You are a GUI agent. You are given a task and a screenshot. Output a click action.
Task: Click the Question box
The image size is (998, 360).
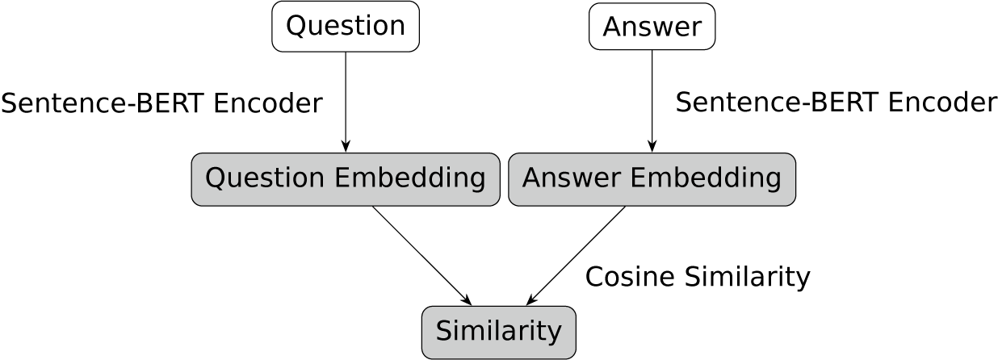346,27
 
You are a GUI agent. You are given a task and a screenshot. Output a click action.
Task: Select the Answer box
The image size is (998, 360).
652,27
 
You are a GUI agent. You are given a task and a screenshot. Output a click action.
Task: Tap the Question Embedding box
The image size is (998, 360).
346,178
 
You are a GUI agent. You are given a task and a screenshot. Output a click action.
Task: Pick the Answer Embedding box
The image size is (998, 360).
652,178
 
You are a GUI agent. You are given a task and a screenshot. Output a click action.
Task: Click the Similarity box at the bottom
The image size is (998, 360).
498,332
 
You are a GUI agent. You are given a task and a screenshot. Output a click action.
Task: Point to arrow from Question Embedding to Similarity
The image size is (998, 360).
421,255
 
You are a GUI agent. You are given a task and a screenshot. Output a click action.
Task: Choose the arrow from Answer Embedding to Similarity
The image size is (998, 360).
577,255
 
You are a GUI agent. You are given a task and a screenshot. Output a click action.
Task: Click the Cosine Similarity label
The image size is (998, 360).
697,277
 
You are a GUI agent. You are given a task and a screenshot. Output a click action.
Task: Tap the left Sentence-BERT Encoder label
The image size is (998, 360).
161,103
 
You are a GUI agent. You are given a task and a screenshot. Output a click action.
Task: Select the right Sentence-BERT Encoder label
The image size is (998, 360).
836,103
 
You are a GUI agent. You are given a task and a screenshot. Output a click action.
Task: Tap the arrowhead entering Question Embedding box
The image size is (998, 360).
346,147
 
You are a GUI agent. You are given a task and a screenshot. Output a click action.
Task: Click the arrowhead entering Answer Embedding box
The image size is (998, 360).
652,147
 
